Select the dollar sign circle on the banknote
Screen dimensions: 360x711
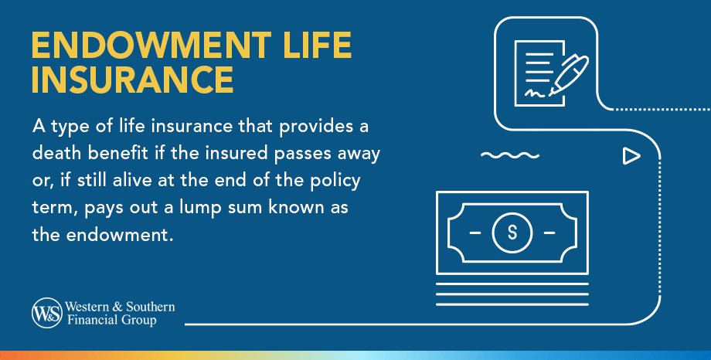click(x=512, y=233)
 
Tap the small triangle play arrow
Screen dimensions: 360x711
click(x=631, y=157)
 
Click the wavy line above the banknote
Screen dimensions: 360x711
click(x=509, y=156)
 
